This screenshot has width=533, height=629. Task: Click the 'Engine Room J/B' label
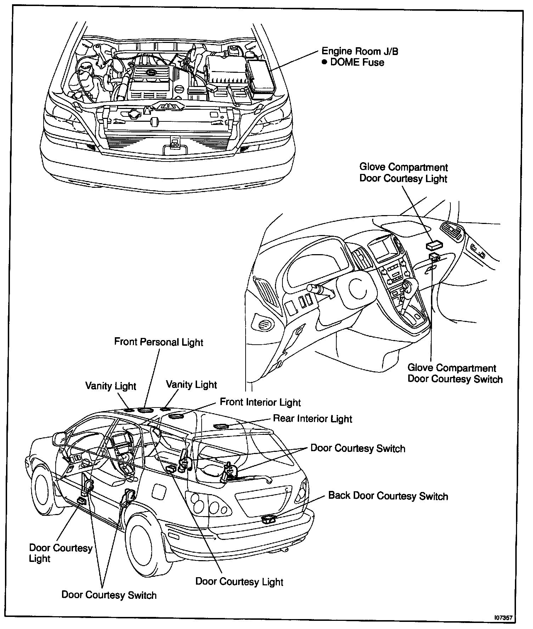point(359,51)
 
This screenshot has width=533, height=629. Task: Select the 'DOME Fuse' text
point(357,62)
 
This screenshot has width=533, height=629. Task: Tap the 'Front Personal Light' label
point(158,342)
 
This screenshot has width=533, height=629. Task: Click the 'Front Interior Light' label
point(260,402)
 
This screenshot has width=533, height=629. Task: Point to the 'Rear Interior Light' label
point(312,419)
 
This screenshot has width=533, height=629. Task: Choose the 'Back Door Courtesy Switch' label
point(388,496)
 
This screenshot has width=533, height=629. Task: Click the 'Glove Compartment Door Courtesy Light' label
point(403,173)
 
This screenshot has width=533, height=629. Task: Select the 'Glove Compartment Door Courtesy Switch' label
point(455,373)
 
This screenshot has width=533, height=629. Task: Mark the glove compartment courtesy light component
point(434,245)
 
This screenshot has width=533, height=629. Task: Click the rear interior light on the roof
point(222,426)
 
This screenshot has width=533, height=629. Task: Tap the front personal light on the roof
point(145,410)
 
